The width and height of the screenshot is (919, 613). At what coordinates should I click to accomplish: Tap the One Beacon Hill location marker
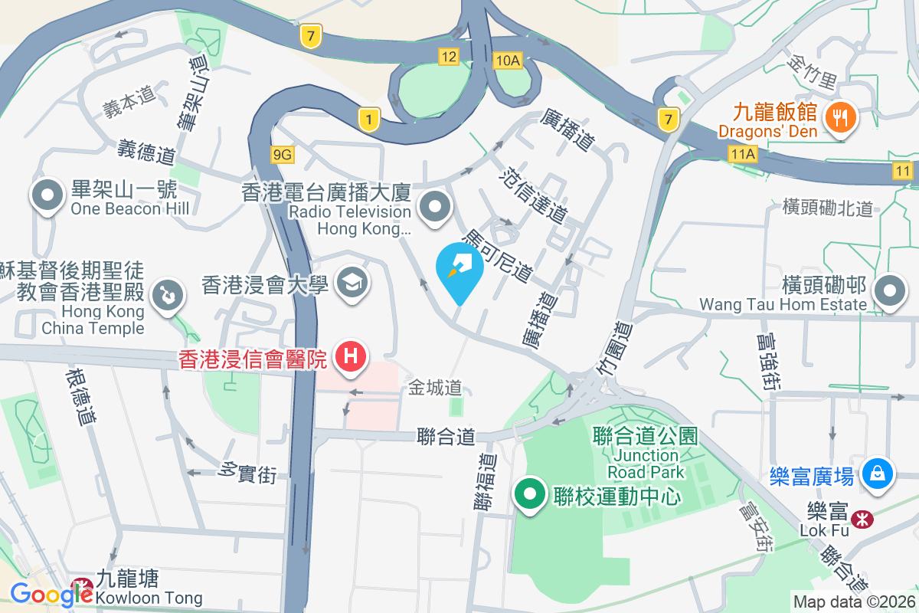47,197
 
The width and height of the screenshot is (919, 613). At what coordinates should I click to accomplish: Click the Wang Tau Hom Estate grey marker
890,292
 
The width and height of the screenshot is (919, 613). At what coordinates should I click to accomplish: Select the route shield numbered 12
449,56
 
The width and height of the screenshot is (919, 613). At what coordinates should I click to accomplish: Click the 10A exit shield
508,61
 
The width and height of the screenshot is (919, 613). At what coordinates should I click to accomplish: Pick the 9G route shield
283,155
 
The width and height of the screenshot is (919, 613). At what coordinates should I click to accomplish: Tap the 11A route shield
742,155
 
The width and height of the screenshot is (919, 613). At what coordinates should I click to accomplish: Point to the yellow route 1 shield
369,119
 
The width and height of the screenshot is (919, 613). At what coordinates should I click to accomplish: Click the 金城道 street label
434,388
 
